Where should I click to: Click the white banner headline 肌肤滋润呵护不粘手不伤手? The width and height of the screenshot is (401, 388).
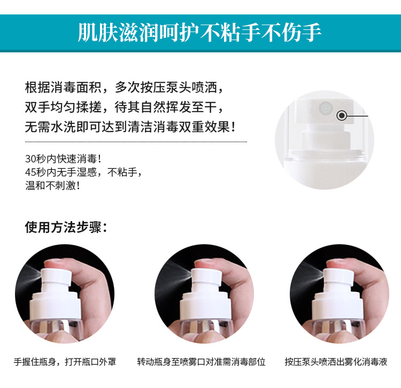[x=199, y=33]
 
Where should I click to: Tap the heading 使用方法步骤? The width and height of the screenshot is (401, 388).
[x=66, y=227]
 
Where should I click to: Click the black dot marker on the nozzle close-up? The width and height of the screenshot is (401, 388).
[x=342, y=116]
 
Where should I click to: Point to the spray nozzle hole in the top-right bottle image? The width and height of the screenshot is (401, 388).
[x=326, y=108]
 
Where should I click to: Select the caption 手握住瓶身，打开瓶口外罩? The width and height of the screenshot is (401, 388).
[x=65, y=362]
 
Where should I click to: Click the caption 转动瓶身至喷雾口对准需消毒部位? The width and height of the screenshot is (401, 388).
[x=201, y=362]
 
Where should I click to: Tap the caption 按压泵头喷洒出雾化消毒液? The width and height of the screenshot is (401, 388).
[x=336, y=362]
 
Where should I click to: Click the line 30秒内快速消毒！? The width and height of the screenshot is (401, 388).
[x=64, y=159]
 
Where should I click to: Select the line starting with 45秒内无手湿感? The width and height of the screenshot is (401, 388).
[x=83, y=172]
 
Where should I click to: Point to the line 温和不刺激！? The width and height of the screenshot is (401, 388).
[x=53, y=185]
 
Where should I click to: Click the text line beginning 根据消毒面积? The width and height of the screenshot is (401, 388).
[x=124, y=88]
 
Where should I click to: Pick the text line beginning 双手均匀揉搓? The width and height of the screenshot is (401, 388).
[x=124, y=107]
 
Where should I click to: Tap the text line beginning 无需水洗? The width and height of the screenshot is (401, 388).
[x=130, y=127]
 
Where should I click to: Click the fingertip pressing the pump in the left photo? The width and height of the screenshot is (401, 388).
[x=57, y=263]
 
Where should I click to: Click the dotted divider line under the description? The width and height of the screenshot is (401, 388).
[x=136, y=142]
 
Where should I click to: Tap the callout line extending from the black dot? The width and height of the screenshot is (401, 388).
[x=357, y=116]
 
